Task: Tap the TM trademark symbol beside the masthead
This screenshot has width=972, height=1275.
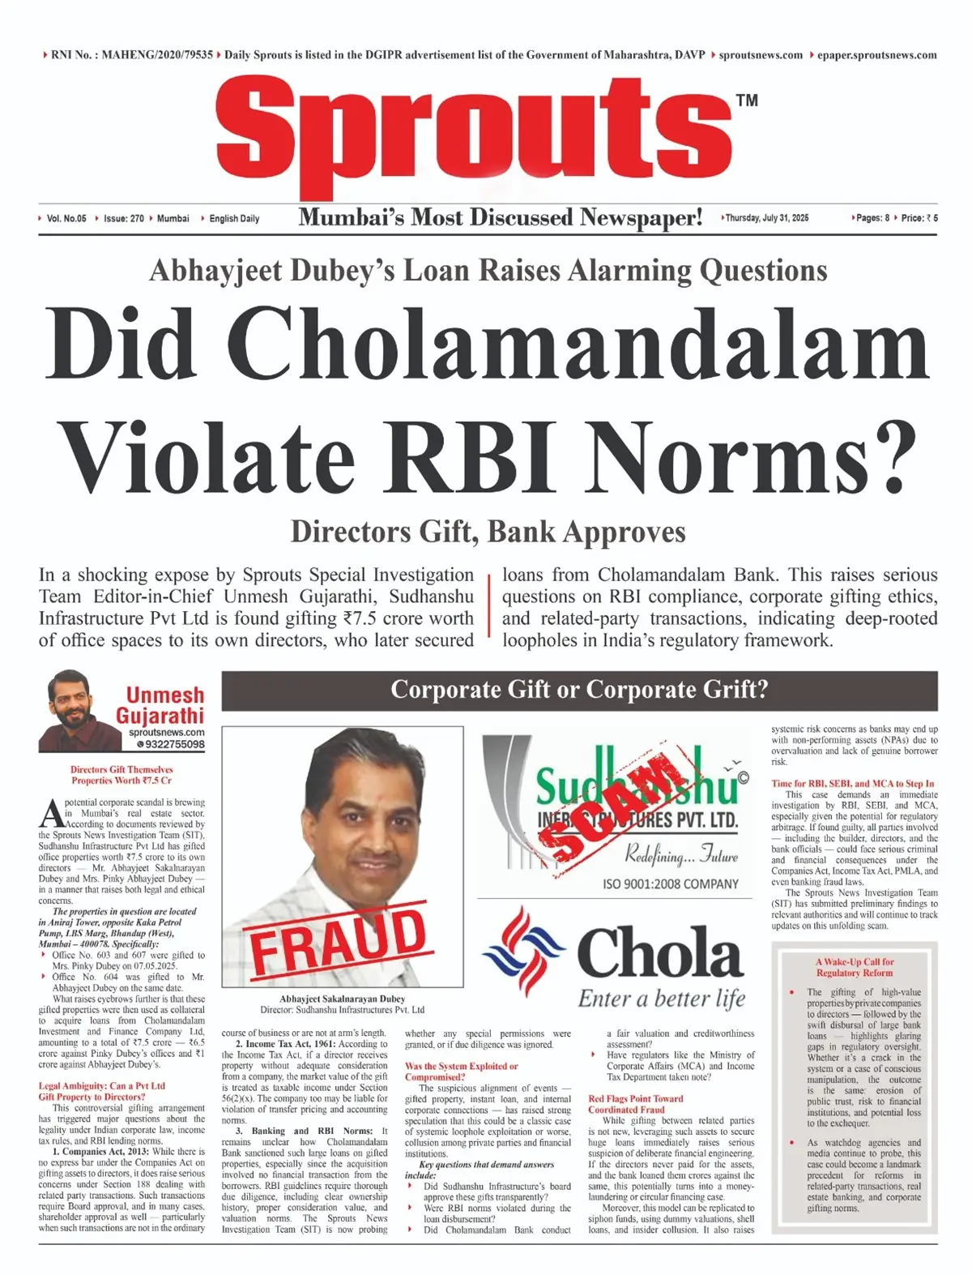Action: point(747,101)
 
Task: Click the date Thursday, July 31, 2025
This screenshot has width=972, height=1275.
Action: point(766,218)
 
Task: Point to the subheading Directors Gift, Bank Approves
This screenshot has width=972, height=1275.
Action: point(488,532)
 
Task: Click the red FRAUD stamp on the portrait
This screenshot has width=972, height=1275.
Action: point(338,939)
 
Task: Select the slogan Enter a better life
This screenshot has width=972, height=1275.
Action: point(661,999)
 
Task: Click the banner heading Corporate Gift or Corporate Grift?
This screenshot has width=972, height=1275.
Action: point(579,690)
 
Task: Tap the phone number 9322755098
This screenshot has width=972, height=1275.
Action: point(171,744)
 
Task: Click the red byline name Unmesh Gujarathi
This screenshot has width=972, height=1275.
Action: point(161,705)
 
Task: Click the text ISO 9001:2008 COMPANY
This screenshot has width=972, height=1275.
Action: point(670,884)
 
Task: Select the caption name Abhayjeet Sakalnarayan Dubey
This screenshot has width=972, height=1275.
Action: point(343,999)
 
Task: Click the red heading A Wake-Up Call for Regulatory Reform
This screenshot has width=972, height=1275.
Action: point(855,967)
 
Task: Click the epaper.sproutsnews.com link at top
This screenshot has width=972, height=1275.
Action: point(876,55)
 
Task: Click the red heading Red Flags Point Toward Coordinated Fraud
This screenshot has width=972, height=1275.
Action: point(636,1104)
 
